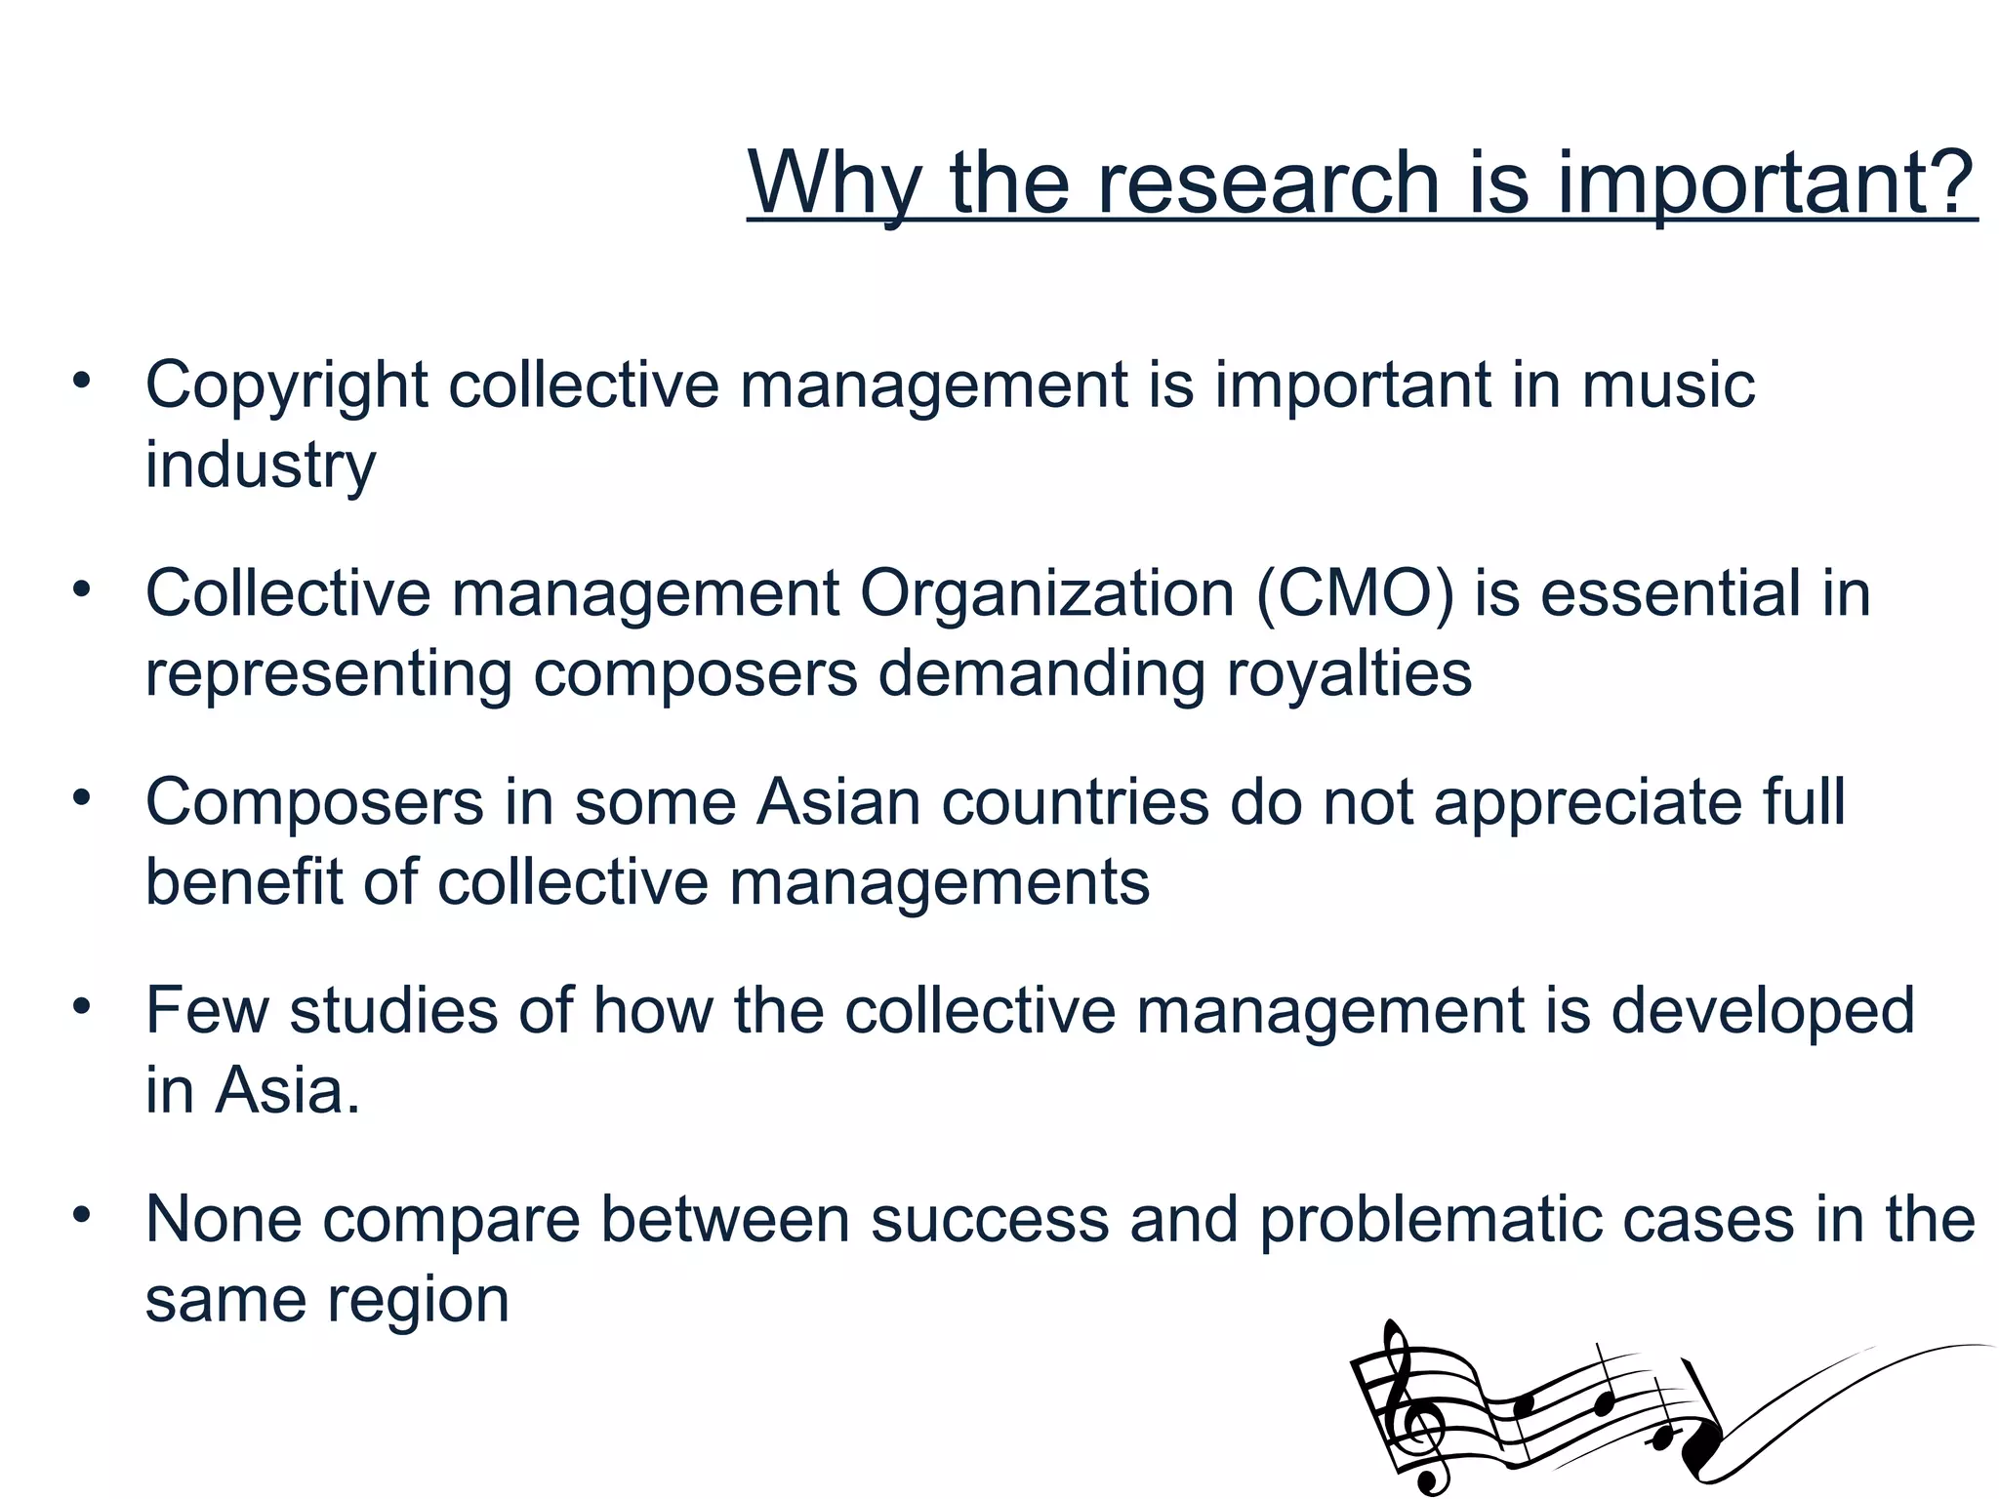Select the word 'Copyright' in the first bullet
(x=286, y=385)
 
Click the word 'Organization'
(x=1046, y=593)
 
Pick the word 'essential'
(x=1670, y=593)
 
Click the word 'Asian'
(x=838, y=802)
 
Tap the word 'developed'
(x=1762, y=1012)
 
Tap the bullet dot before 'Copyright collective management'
(x=81, y=381)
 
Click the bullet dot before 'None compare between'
(x=81, y=1216)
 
